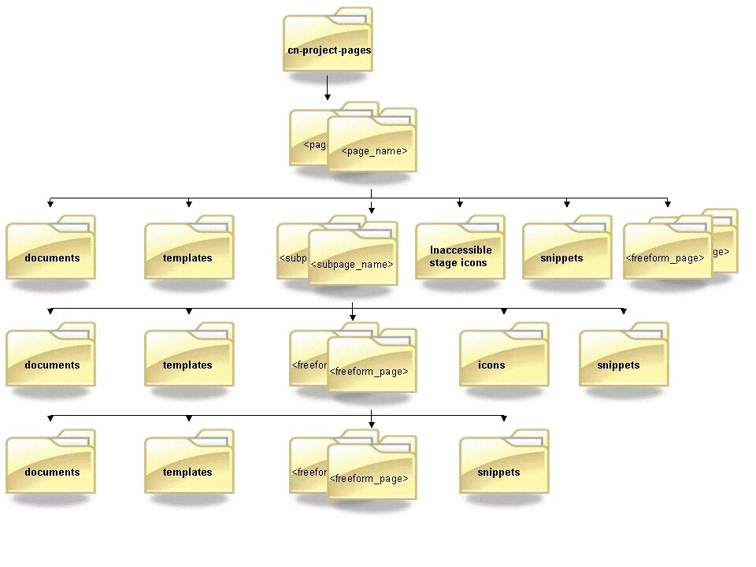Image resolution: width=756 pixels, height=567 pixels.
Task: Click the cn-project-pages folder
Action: [328, 43]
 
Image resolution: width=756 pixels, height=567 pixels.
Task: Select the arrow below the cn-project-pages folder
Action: [328, 88]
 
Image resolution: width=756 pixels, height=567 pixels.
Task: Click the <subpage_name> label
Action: [352, 264]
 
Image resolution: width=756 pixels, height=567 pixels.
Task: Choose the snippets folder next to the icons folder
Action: [623, 358]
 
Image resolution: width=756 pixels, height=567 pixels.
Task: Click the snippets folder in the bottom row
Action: [503, 465]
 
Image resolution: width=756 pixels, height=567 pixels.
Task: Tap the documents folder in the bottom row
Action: [50, 465]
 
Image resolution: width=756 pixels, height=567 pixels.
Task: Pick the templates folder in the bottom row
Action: [188, 465]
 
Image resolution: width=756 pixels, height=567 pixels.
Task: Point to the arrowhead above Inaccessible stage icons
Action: [460, 205]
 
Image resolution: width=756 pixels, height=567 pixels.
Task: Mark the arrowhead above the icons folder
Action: [504, 312]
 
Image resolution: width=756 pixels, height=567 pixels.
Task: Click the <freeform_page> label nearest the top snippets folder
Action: [665, 258]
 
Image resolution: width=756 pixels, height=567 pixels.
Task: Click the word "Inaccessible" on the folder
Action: [461, 250]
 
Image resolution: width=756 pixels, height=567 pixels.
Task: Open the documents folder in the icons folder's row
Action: [50, 358]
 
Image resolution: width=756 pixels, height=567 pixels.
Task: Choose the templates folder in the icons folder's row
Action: [188, 358]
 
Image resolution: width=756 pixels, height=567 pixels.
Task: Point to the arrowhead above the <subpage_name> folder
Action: [372, 210]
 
